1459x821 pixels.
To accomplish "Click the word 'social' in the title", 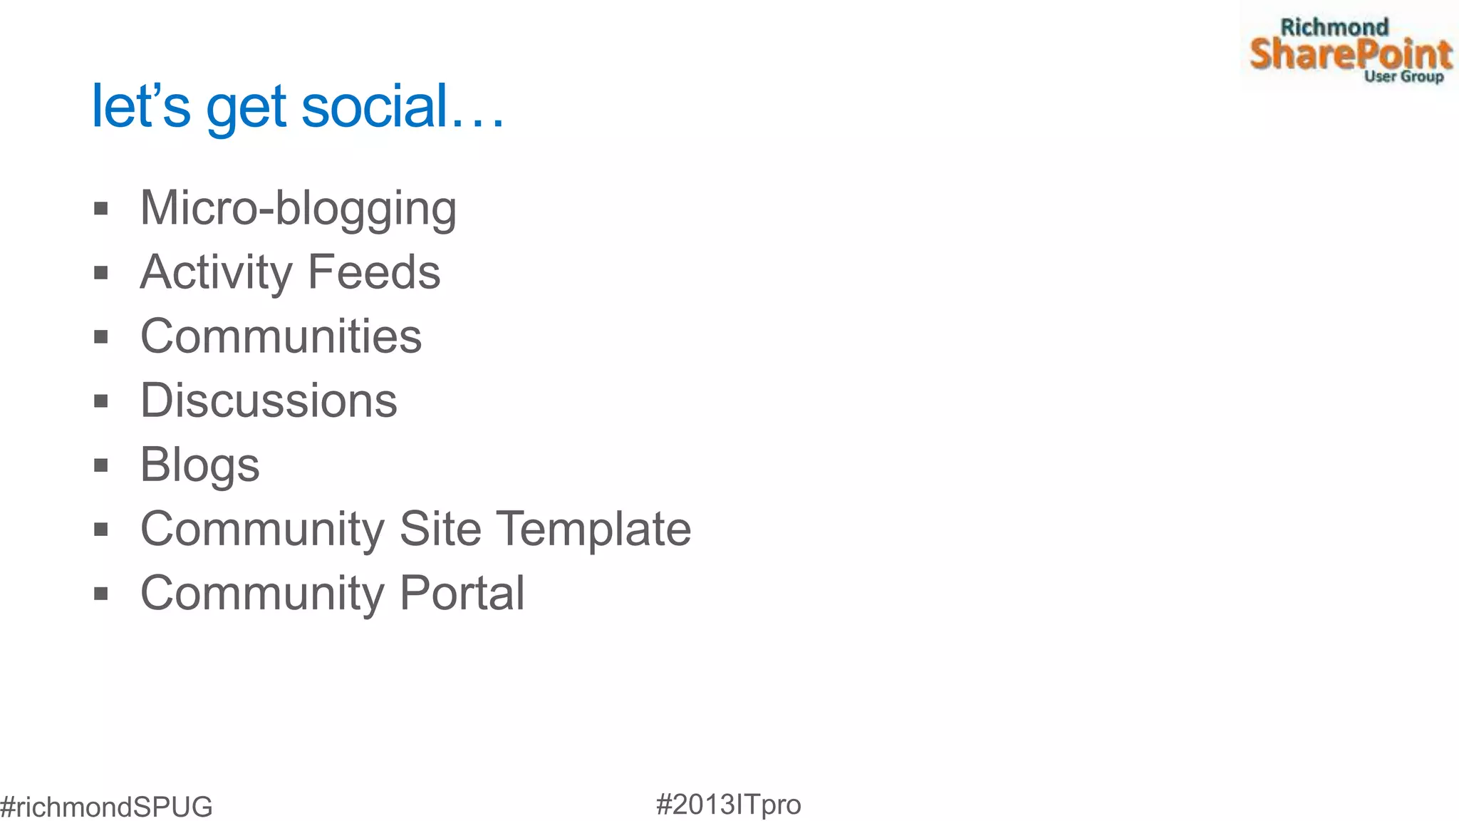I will [x=375, y=106].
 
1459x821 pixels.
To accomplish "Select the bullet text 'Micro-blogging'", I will [x=298, y=209].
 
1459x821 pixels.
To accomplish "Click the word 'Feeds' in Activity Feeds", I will [x=374, y=272].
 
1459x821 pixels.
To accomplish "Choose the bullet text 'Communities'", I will [x=281, y=336].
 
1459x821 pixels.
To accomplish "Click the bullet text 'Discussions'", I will [x=269, y=401].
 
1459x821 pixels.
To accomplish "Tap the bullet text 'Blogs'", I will [x=199, y=465].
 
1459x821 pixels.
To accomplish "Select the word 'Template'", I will [x=593, y=529].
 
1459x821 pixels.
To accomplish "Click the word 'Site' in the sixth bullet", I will [x=440, y=529].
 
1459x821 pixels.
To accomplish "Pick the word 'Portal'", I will [x=462, y=593].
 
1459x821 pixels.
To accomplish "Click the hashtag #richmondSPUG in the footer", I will [x=106, y=807].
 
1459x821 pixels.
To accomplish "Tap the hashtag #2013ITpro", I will [x=728, y=805].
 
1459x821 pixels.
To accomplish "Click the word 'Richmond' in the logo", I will [x=1334, y=28].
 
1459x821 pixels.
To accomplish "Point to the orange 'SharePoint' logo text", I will [x=1351, y=54].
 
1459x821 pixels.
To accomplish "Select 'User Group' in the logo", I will [x=1403, y=76].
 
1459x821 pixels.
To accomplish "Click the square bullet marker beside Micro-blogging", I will [x=101, y=209].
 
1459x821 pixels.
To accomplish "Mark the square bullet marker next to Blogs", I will [x=101, y=465].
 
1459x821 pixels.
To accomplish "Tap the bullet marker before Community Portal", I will [x=101, y=594].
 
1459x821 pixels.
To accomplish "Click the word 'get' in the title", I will [x=246, y=108].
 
